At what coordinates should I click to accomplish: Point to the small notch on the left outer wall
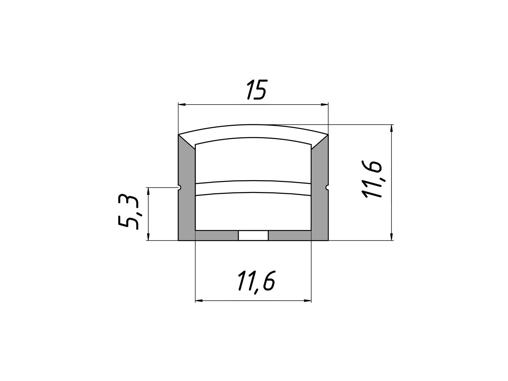(x=179, y=187)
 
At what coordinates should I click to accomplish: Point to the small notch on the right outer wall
(x=327, y=187)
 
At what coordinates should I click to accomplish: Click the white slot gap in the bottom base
(x=253, y=235)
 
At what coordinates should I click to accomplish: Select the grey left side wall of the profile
(x=187, y=192)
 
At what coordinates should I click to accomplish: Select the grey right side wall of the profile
(x=320, y=192)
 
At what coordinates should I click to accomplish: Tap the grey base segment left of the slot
(x=217, y=235)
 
